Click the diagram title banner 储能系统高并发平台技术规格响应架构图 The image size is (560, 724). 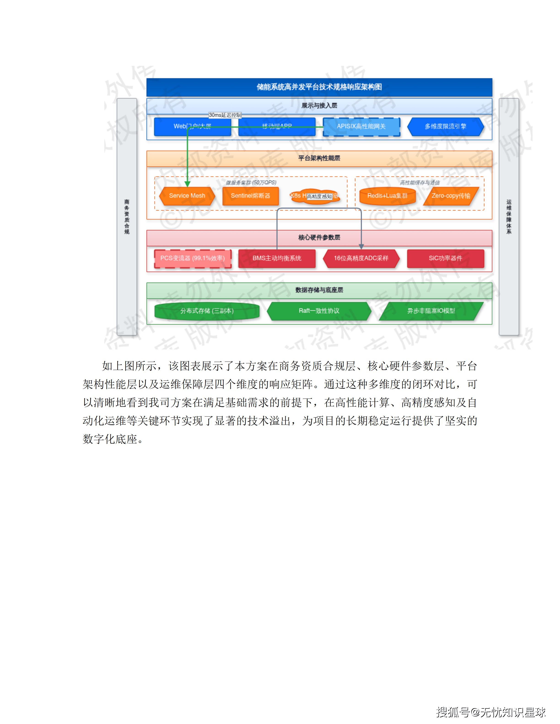tap(319, 87)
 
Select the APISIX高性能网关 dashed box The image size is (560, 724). tap(361, 127)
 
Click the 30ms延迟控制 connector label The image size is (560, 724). tap(225, 115)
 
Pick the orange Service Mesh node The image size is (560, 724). tap(187, 196)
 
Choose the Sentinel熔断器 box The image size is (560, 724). tap(250, 196)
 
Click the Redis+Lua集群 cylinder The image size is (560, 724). tap(387, 196)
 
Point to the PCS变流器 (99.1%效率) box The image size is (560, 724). tap(192, 258)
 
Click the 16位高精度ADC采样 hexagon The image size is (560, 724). tap(361, 258)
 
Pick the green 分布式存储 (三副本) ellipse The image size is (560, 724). tap(207, 311)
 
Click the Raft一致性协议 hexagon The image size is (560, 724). tap(319, 311)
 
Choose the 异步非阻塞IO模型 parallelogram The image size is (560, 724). tap(431, 311)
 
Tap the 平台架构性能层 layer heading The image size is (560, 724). tap(319, 158)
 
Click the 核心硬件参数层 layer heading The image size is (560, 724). tap(319, 237)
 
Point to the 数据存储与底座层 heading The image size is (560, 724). tap(319, 290)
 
